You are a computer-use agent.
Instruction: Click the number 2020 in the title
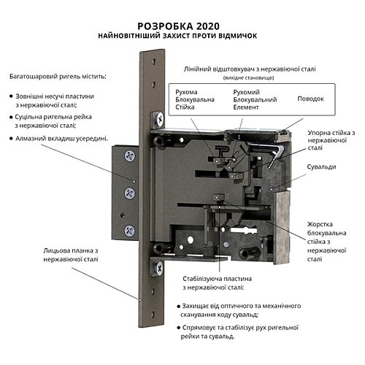207,26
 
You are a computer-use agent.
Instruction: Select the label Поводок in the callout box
310,99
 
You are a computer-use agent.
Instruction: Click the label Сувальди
321,167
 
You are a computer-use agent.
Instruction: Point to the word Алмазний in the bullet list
31,139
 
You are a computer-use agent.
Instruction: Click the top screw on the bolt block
130,155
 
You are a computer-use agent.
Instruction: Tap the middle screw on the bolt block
129,193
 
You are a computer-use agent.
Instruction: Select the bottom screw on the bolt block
129,231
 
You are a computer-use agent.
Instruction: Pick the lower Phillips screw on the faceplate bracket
158,268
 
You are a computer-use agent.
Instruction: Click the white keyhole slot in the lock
243,230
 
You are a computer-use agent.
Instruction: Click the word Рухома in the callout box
186,92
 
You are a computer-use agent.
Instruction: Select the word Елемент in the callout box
246,107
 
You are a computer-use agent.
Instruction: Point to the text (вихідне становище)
248,78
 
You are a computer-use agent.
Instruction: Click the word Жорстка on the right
320,224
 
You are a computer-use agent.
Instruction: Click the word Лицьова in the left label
56,250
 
